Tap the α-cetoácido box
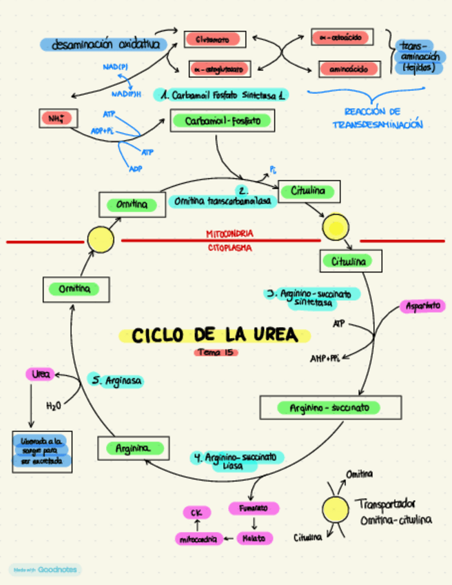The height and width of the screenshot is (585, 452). pos(342,37)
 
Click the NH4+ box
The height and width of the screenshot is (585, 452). pos(55,119)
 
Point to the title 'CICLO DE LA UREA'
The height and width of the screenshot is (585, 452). pos(214,335)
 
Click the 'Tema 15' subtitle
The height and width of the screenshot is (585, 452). pos(215,353)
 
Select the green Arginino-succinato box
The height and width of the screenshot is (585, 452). pos(330,408)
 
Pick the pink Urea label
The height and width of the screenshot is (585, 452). pos(41,374)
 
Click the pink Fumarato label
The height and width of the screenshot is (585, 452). pos(254,508)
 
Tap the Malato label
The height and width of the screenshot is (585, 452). pos(254,537)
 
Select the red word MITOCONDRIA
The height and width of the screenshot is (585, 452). pos(229,234)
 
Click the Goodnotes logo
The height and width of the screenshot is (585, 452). pos(45,570)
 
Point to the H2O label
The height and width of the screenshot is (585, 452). pos(54,406)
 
